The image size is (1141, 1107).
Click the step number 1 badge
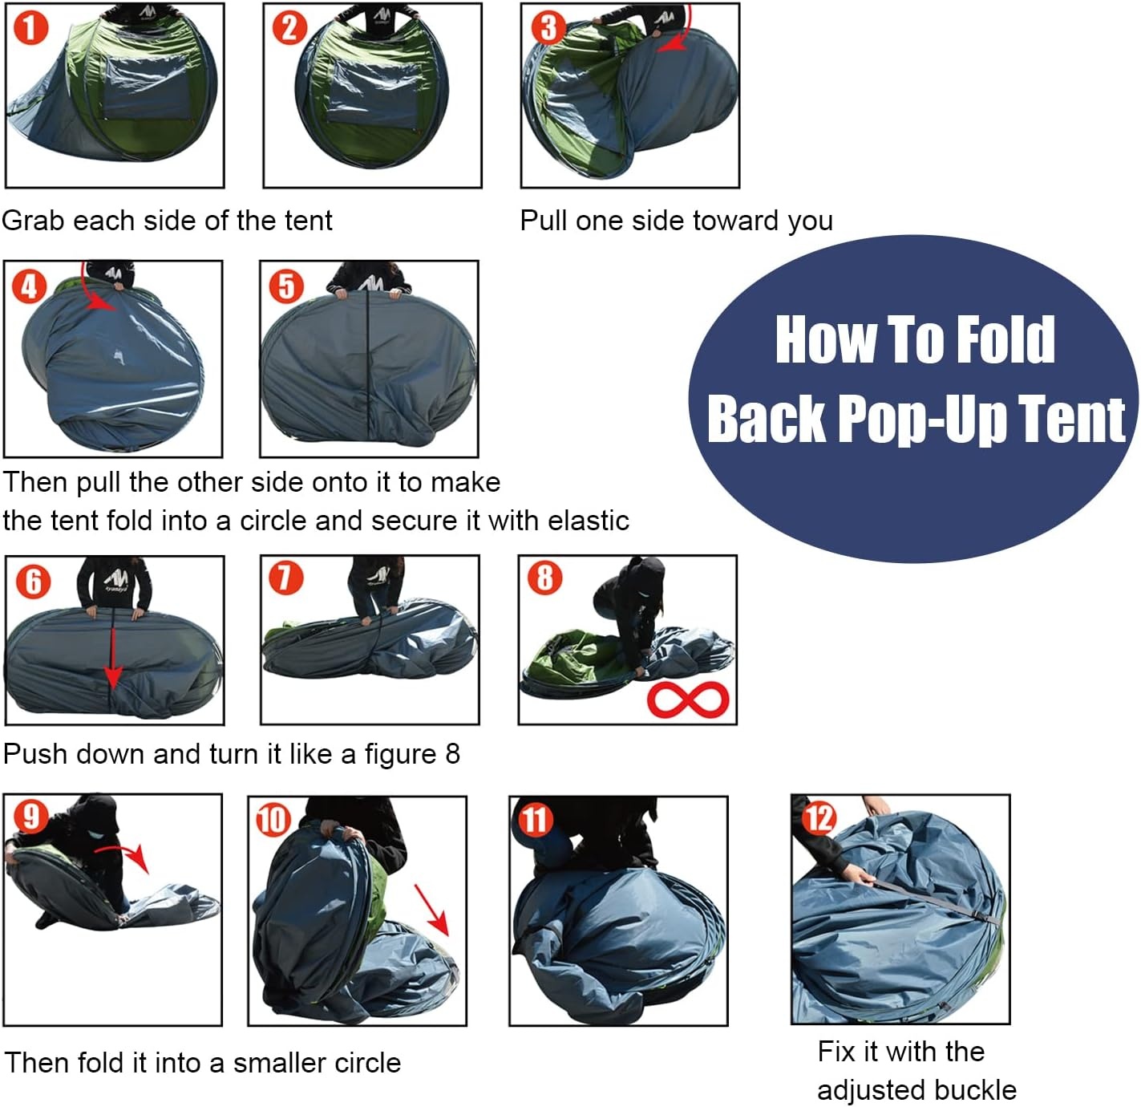coord(30,28)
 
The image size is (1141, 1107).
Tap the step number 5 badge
coord(286,286)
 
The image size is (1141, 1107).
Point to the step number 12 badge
coord(819,819)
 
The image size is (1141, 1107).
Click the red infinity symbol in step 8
coord(688,699)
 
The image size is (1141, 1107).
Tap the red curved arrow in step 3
coord(678,36)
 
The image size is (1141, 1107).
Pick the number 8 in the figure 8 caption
coord(452,754)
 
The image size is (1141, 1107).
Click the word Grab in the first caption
coord(33,221)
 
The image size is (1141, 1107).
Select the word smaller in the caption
coord(277,1063)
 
